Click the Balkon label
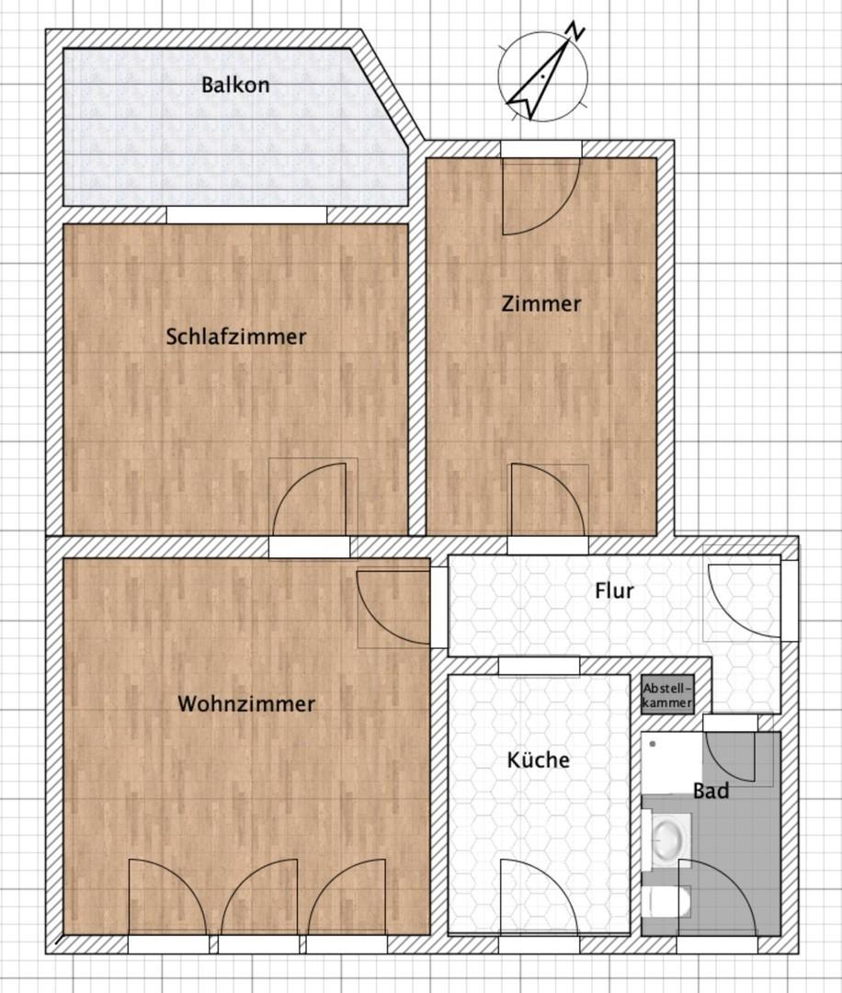(235, 86)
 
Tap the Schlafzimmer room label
(236, 337)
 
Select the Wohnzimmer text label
(245, 704)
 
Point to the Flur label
(613, 590)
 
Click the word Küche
(539, 760)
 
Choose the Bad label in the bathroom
(711, 790)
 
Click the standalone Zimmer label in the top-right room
(540, 303)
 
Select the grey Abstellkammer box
(668, 695)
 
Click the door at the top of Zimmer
(540, 194)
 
